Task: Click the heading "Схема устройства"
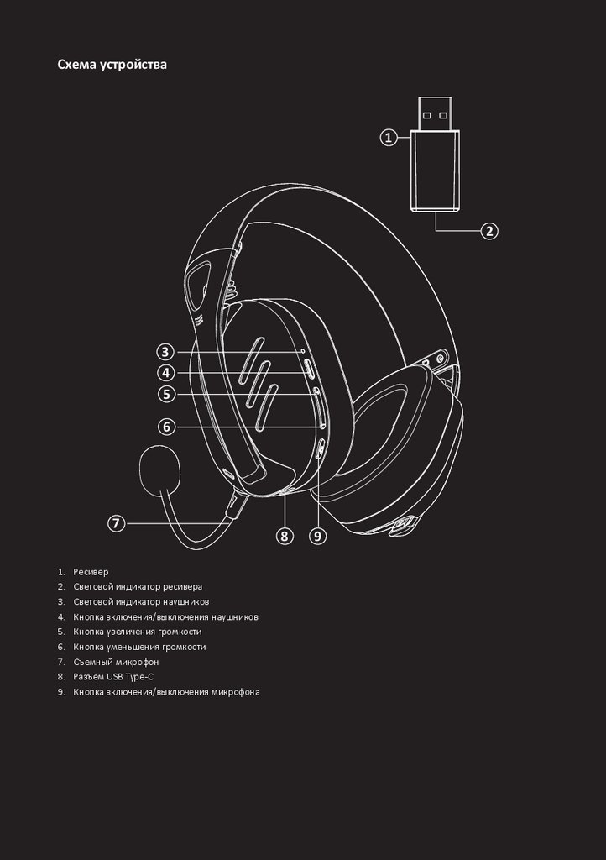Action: [112, 64]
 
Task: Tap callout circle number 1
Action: [388, 138]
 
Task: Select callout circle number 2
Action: [489, 230]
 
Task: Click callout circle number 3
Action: [166, 352]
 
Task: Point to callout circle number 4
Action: [166, 373]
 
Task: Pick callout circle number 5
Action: [166, 393]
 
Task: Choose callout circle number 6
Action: [166, 427]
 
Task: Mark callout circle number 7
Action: [117, 523]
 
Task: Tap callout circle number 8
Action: [285, 535]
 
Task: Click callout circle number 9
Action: [316, 535]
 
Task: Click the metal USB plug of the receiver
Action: [436, 114]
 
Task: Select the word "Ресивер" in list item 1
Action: [91, 571]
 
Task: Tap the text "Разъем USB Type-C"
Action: [113, 677]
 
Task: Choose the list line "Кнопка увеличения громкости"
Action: [137, 632]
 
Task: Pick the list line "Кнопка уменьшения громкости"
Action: [138, 647]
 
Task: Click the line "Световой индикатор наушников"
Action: [141, 601]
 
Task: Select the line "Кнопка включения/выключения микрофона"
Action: [166, 692]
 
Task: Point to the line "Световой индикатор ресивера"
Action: [138, 586]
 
